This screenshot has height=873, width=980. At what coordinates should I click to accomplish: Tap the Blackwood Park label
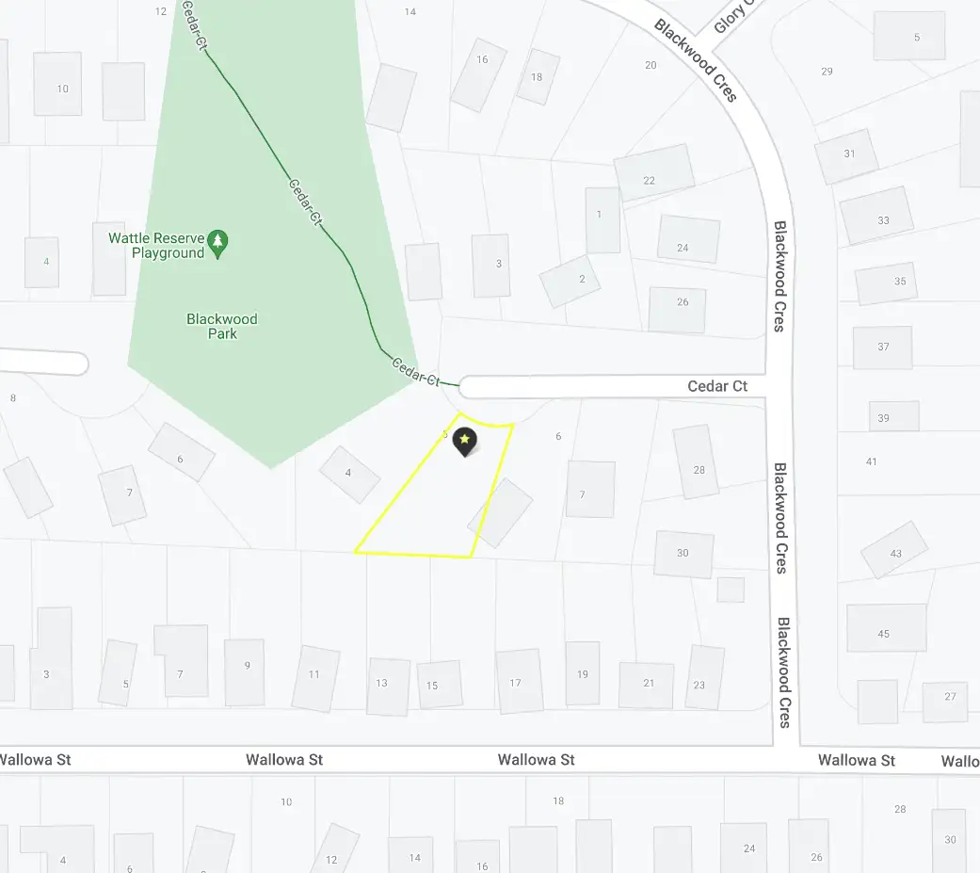coord(222,326)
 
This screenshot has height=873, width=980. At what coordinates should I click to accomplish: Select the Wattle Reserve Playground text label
coord(155,245)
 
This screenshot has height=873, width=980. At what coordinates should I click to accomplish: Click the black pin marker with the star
coord(464,441)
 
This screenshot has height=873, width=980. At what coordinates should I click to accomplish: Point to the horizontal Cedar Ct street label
coord(717,386)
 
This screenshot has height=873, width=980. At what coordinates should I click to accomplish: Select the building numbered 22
coord(653,173)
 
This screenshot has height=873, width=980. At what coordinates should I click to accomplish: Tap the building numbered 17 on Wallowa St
coord(519,681)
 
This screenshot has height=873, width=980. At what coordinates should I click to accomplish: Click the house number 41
coord(871,461)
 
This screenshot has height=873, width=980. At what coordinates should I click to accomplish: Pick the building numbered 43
coord(894,550)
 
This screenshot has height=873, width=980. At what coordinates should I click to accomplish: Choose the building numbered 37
coord(882,348)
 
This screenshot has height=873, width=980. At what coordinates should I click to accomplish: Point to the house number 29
coord(827,72)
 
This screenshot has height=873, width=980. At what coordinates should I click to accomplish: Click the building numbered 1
coord(602,219)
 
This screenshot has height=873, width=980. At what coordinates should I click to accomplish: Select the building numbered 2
coord(570,281)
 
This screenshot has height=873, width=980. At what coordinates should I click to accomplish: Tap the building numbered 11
coord(314,677)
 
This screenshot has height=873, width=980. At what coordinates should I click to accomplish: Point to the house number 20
coord(651,65)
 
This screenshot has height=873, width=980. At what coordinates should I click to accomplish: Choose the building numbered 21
coord(647,685)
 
